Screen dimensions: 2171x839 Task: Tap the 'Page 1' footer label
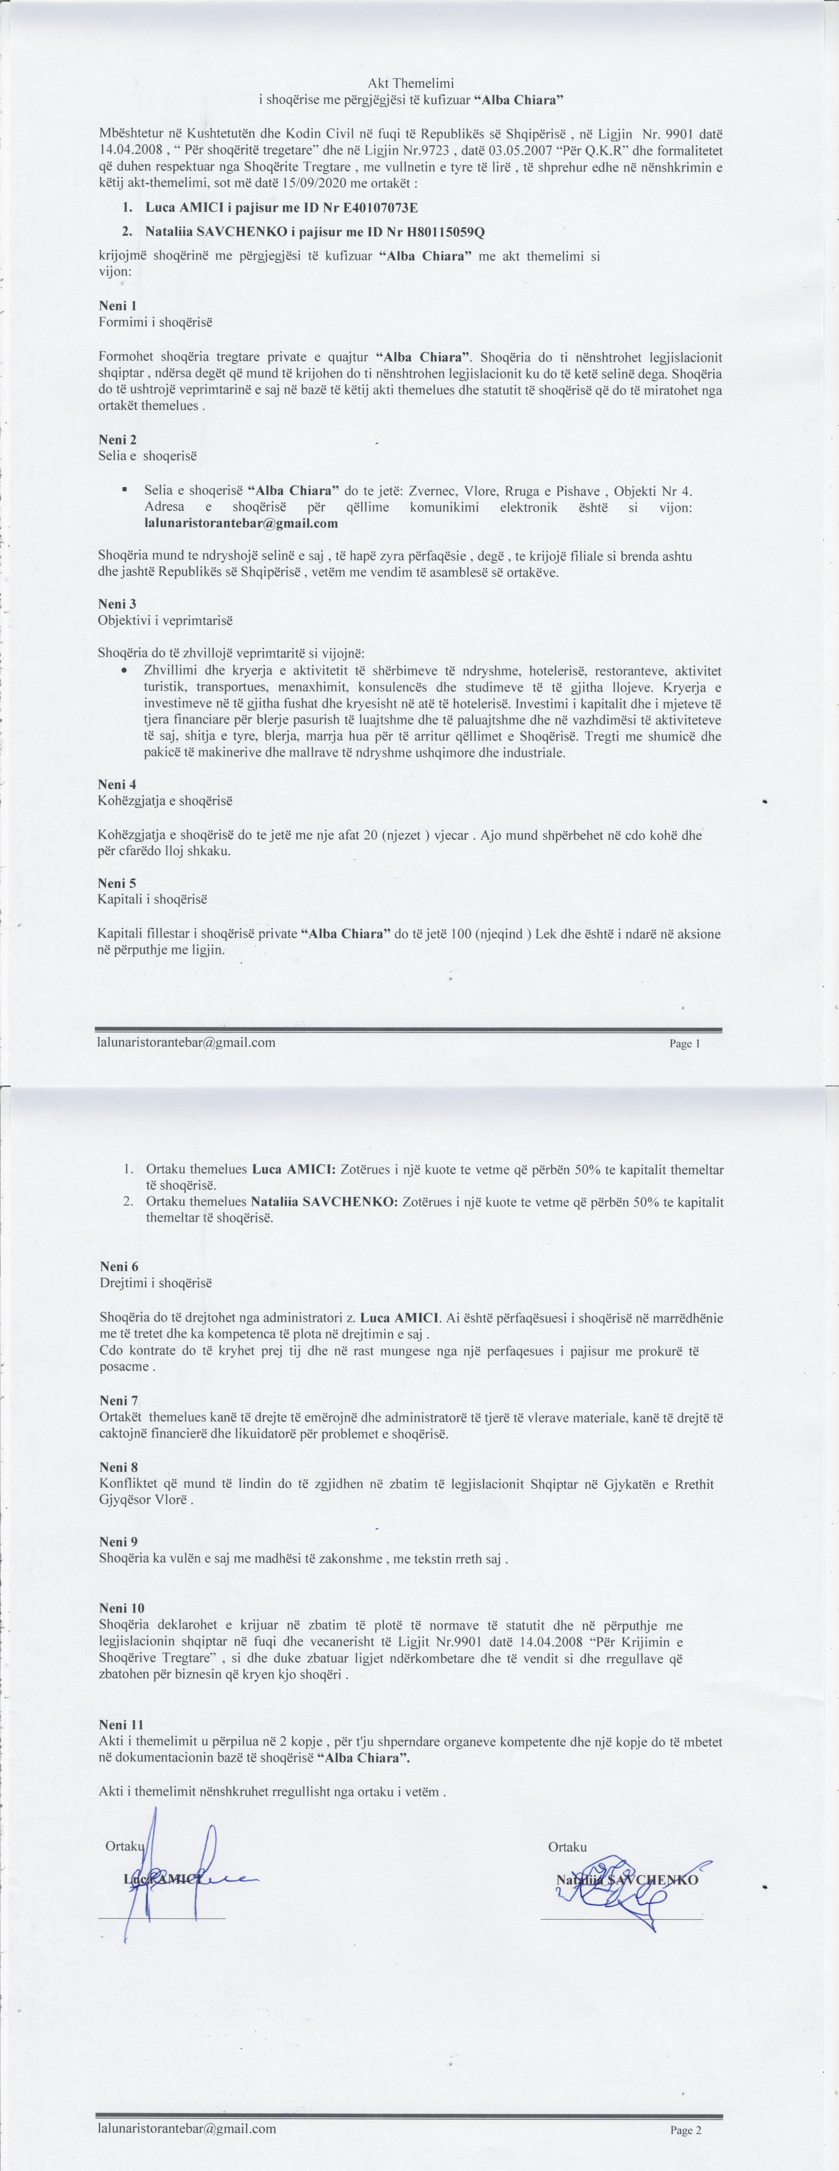685,1043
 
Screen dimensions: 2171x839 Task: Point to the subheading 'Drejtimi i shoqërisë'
156,1283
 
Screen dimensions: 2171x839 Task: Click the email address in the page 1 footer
186,1042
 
